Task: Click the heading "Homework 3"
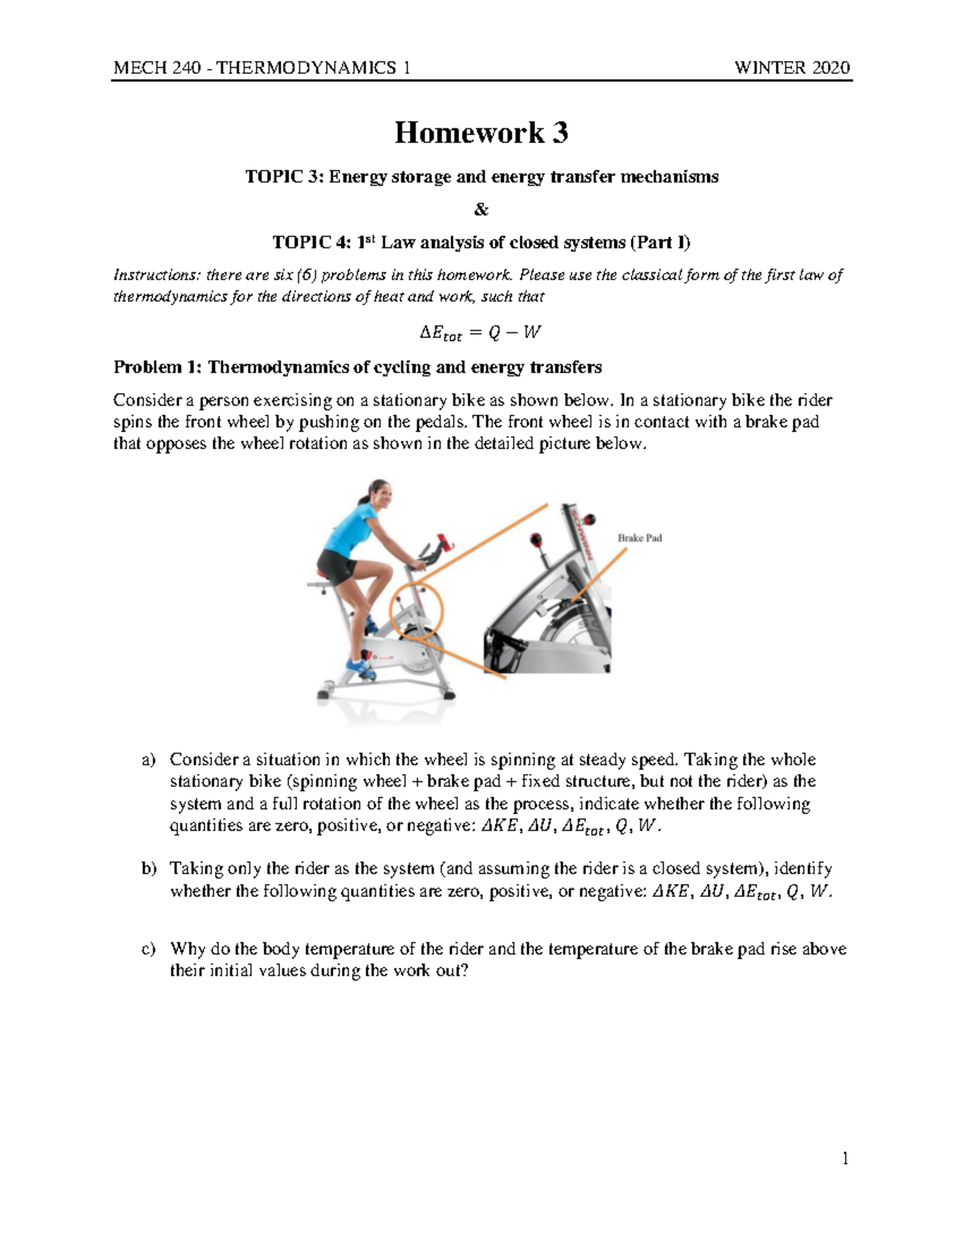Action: click(x=481, y=132)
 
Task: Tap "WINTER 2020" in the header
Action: click(x=792, y=67)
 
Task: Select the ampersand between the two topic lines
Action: click(x=481, y=210)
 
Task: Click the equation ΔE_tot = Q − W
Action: click(x=481, y=332)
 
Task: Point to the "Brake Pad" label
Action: click(x=639, y=538)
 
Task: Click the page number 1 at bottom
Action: click(x=844, y=1158)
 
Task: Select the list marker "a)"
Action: click(x=147, y=760)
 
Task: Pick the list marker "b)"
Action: click(x=147, y=869)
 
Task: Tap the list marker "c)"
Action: click(x=147, y=949)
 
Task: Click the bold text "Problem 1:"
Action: click(x=157, y=368)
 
